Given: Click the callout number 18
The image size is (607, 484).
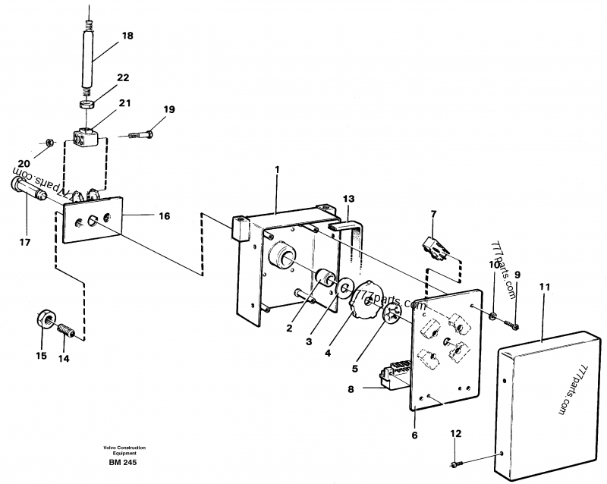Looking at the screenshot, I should pos(127,36).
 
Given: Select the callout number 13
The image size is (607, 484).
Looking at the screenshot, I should pos(348,199).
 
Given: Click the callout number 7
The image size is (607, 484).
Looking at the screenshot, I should pos(433,215).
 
